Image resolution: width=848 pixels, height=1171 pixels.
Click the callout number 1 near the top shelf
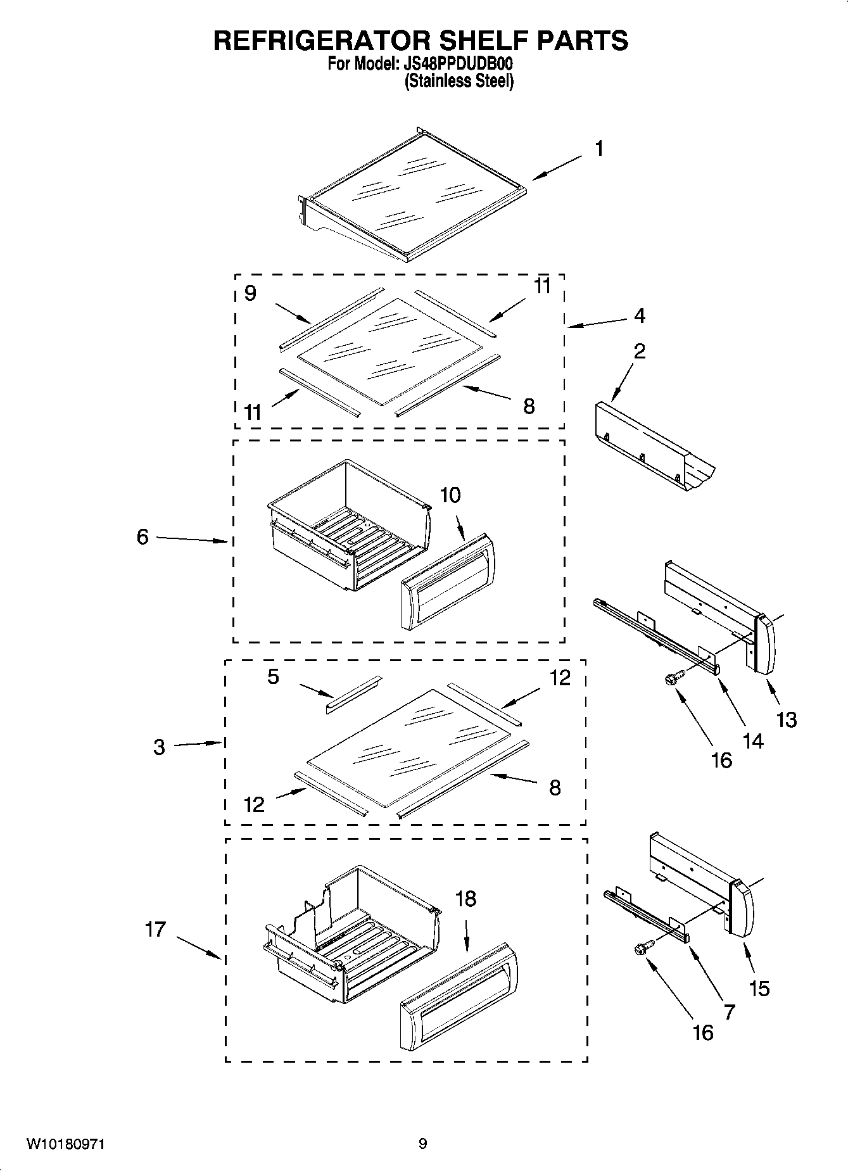point(598,149)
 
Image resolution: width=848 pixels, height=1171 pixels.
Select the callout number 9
point(250,293)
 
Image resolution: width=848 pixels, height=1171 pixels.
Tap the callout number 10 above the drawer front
point(450,495)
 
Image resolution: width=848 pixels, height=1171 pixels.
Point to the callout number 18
point(465,899)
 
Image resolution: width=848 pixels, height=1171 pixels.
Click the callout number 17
point(155,929)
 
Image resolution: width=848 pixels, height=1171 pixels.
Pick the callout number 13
point(787,719)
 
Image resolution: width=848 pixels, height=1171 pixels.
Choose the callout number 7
point(729,1012)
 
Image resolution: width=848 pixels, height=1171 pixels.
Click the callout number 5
point(273,676)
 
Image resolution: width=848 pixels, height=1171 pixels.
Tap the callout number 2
point(640,351)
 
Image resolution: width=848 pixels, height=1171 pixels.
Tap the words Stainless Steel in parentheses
point(459,81)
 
